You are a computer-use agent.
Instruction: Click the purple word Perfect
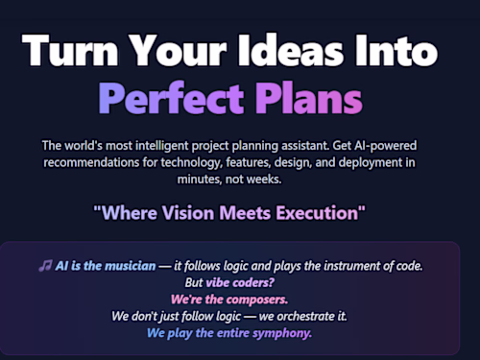[172, 99]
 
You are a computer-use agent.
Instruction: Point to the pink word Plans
[309, 99]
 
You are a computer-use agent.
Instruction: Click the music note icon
[44, 266]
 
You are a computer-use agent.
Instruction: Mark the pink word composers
[264, 300]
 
